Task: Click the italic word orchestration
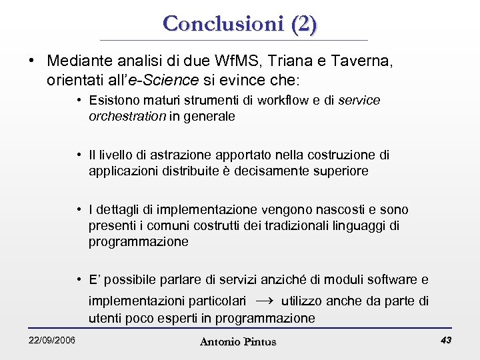pyautogui.click(x=127, y=116)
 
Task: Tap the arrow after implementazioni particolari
pyautogui.click(x=264, y=300)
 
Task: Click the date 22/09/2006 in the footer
pyautogui.click(x=52, y=341)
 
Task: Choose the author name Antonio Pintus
pyautogui.click(x=237, y=341)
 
